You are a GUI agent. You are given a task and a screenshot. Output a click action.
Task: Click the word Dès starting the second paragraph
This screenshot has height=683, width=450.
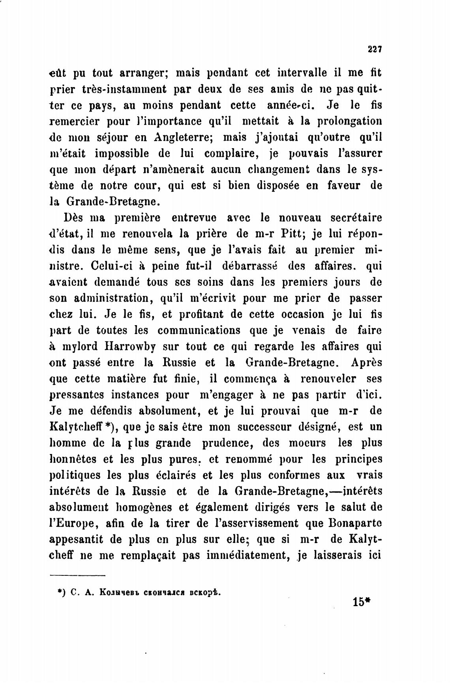pyautogui.click(x=73, y=218)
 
